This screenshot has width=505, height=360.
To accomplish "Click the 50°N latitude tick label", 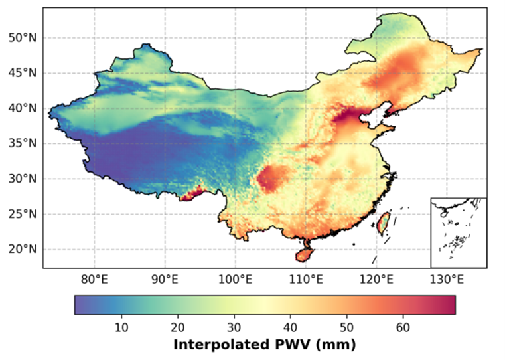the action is pyautogui.click(x=23, y=38).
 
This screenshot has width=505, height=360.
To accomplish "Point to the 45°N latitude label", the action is pyautogui.click(x=23, y=73).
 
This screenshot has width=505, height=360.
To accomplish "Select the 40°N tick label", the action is pyautogui.click(x=23, y=108).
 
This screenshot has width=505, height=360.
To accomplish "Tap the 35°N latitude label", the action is pyautogui.click(x=23, y=143).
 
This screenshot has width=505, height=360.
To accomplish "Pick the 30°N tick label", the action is pyautogui.click(x=23, y=179).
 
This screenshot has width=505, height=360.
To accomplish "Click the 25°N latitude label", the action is pyautogui.click(x=23, y=214).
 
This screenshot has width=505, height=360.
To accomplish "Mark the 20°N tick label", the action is pyautogui.click(x=23, y=249).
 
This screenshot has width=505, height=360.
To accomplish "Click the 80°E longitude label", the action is pyautogui.click(x=94, y=280).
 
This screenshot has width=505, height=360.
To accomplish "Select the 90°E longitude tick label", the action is pyautogui.click(x=165, y=280).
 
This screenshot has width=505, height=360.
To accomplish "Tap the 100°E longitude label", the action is pyautogui.click(x=236, y=280).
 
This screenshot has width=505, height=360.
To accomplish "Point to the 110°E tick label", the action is pyautogui.click(x=306, y=280).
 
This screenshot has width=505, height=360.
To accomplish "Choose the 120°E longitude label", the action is pyautogui.click(x=376, y=280).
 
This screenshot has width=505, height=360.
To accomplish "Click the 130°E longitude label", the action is pyautogui.click(x=447, y=280).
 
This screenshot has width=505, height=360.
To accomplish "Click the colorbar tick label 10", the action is pyautogui.click(x=121, y=327).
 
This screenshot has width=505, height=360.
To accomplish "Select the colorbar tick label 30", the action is pyautogui.click(x=234, y=327).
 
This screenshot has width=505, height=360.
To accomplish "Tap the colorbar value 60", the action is pyautogui.click(x=403, y=327).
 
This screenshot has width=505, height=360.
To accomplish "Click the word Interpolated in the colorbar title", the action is pyautogui.click(x=222, y=345).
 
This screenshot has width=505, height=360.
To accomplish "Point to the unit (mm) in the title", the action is pyautogui.click(x=336, y=345).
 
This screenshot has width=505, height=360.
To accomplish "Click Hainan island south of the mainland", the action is pyautogui.click(x=305, y=255).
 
